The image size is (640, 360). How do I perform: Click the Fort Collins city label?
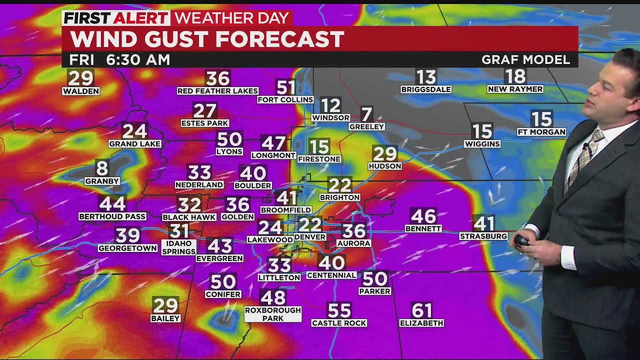(285, 99)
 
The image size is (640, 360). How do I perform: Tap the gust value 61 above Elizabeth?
(421, 310)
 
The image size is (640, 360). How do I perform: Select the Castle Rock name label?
(339, 323)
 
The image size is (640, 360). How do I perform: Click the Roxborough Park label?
(272, 314)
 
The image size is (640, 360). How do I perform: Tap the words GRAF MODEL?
(525, 60)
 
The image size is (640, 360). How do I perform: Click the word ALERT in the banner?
(141, 18)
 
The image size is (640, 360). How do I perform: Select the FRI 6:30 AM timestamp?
(119, 60)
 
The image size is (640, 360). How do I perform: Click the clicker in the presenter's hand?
(521, 241)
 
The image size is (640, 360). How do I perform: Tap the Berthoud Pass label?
(112, 216)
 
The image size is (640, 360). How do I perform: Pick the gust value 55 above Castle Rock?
(339, 310)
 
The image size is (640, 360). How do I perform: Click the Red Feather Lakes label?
(217, 90)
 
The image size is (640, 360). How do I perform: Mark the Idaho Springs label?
(178, 247)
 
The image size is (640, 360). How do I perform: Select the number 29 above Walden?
(80, 78)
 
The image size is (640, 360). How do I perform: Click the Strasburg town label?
(483, 236)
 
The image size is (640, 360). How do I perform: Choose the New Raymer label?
(515, 89)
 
